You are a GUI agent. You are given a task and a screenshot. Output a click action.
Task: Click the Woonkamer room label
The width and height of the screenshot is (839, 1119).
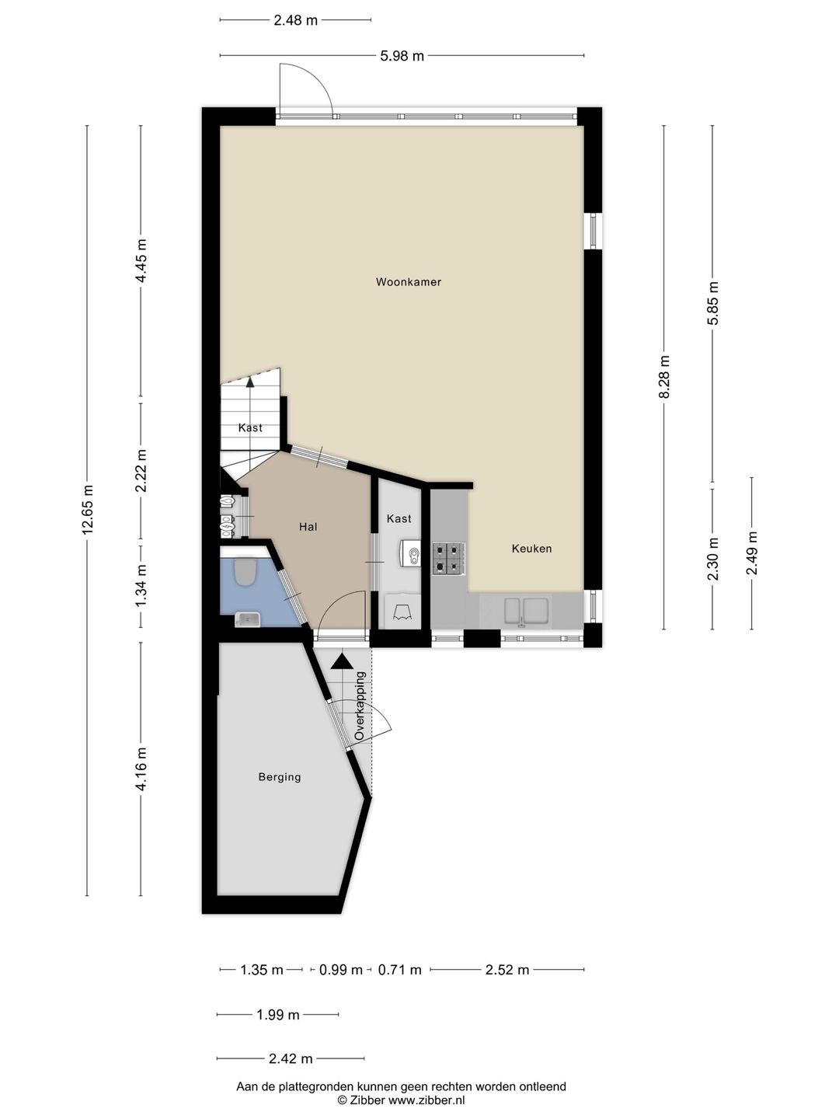tap(408, 282)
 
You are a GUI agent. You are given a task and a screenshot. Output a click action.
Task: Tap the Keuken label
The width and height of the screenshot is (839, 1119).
tap(531, 549)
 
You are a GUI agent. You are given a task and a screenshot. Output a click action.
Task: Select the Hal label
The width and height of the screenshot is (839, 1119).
tap(308, 527)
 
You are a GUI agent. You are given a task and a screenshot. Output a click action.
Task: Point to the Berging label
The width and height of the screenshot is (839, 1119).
tap(280, 777)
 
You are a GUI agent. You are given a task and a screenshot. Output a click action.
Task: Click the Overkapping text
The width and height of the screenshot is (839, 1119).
tap(360, 706)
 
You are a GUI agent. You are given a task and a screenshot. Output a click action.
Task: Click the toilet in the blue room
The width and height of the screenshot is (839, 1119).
tap(245, 572)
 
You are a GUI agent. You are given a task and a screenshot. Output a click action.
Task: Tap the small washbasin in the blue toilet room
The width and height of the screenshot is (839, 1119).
tap(248, 619)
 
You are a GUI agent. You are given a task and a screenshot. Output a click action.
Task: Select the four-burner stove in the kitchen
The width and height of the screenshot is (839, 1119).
tap(449, 559)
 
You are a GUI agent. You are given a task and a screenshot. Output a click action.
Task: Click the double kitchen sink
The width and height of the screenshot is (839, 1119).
tap(526, 612)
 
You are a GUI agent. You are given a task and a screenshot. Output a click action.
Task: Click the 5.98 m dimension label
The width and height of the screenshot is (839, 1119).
tap(402, 56)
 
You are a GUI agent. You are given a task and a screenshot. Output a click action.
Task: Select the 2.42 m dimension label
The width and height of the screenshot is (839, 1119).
tap(291, 1058)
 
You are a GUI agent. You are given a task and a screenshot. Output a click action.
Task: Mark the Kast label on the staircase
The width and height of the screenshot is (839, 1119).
tap(250, 427)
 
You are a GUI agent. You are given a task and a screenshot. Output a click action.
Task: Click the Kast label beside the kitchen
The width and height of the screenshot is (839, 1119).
tap(399, 518)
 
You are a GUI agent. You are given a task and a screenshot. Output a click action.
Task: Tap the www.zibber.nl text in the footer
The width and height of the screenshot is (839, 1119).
tap(426, 1100)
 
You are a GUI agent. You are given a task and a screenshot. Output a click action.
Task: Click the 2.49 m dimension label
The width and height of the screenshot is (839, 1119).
tap(752, 553)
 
